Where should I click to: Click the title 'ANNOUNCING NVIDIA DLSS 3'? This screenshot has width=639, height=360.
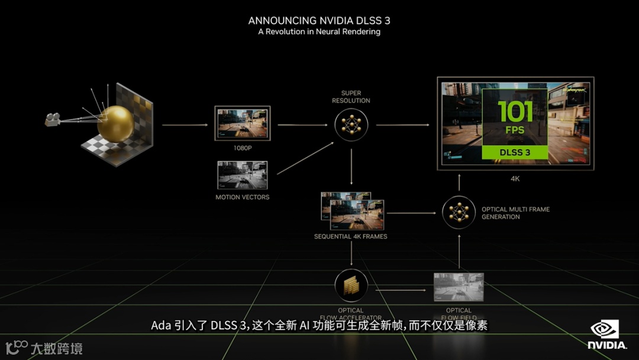click(319, 21)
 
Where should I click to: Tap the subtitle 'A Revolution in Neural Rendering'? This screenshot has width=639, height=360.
click(319, 32)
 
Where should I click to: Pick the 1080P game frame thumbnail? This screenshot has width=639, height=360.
click(242, 123)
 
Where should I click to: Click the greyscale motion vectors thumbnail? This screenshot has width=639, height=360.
click(242, 175)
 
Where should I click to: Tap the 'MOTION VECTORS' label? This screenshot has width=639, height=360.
click(242, 197)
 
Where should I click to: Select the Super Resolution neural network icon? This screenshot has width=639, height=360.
click(351, 124)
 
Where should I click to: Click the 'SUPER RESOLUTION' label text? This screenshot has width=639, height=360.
click(351, 97)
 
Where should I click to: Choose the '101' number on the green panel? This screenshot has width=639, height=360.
click(515, 111)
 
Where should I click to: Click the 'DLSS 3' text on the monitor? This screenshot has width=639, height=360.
click(515, 152)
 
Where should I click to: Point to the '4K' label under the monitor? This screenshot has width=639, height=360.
click(515, 178)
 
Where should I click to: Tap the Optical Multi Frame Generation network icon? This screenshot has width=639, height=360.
click(459, 213)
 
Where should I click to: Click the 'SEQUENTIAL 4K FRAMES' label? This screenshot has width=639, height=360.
click(351, 237)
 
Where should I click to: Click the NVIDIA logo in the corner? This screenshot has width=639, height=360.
click(606, 335)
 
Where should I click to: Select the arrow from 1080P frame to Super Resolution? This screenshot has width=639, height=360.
click(302, 125)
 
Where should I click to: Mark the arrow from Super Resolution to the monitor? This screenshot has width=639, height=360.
click(402, 125)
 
